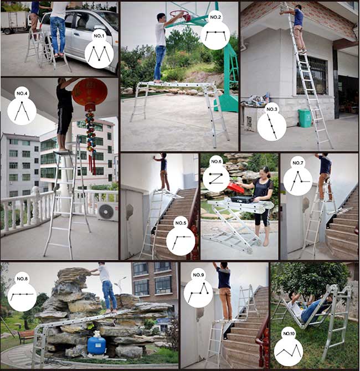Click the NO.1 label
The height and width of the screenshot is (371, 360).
coord(99,36)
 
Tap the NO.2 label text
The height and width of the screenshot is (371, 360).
coord(215,17)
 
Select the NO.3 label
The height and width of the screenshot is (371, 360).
coord(272,109)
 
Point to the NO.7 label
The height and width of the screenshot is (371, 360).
coord(297,163)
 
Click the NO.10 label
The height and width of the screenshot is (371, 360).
coord(289,333)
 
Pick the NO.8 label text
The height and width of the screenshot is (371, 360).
coord(22,279)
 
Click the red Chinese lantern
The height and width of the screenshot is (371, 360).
coord(90,92)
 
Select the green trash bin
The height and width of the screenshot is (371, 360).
coord(305,118)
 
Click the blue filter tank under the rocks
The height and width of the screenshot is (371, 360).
coord(96,345)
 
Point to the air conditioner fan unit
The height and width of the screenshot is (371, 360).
coord(107,211)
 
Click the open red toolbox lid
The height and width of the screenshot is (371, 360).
coord(235,188)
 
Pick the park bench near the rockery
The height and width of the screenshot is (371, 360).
coord(27,337)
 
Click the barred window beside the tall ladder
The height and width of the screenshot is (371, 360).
coord(312,75)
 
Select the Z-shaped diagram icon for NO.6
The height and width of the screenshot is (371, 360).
coord(216,178)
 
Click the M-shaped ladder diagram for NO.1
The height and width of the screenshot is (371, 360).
coord(99,54)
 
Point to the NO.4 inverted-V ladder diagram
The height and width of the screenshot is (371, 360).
coord(22,111)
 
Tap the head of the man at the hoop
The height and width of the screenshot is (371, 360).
coord(161,17)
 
